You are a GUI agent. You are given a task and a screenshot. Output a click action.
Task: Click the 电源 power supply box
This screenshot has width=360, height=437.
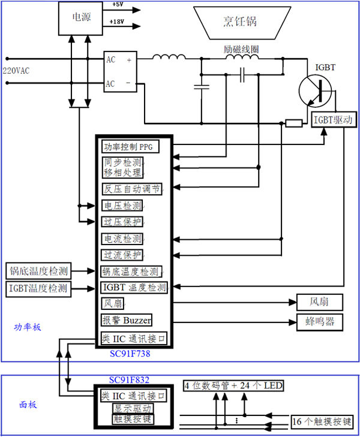coord(80,19)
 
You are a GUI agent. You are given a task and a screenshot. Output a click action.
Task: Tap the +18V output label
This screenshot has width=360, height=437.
coord(117,22)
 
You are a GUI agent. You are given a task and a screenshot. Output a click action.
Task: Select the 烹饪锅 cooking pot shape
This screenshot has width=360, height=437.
coord(242,23)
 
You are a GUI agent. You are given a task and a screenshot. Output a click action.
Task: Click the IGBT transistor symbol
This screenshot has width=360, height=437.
coord(316,91)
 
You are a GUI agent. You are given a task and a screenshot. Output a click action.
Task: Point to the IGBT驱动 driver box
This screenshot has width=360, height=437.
coord(334,120)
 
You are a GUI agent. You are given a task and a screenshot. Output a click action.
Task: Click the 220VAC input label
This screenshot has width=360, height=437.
coord(16,71)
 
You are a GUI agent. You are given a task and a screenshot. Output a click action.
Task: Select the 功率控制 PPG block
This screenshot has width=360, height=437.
coord(130,147)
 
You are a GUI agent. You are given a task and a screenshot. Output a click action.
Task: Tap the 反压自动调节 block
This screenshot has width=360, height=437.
coord(131,189)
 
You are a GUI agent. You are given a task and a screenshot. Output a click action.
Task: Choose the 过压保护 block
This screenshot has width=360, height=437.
coord(122,222)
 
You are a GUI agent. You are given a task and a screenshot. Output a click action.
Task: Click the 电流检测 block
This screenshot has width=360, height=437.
coord(122,239)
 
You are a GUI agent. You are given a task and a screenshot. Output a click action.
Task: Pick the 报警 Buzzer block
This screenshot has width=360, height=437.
coord(127,320)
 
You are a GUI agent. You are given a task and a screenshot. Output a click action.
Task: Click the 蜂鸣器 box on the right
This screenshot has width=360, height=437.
coord(320,322)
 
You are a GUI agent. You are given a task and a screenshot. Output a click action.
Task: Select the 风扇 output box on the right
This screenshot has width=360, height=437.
coord(320,302)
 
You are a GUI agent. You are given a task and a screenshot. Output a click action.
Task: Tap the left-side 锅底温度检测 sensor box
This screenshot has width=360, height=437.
coord(38,271)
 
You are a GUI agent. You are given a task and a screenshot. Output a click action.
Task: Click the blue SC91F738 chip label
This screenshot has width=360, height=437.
coord(130,354)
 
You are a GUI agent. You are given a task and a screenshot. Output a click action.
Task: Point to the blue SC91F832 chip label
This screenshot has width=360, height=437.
coord(129,379)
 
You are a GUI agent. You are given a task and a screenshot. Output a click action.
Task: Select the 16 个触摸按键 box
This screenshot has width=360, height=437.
coord(322,421)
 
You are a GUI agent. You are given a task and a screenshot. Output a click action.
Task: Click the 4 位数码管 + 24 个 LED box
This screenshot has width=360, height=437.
coord(233,385)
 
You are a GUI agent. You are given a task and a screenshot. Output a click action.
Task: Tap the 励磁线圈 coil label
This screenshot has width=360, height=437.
coord(241,49)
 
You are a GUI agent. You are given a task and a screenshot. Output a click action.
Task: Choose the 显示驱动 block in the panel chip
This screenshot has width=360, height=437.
coord(133,409)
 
